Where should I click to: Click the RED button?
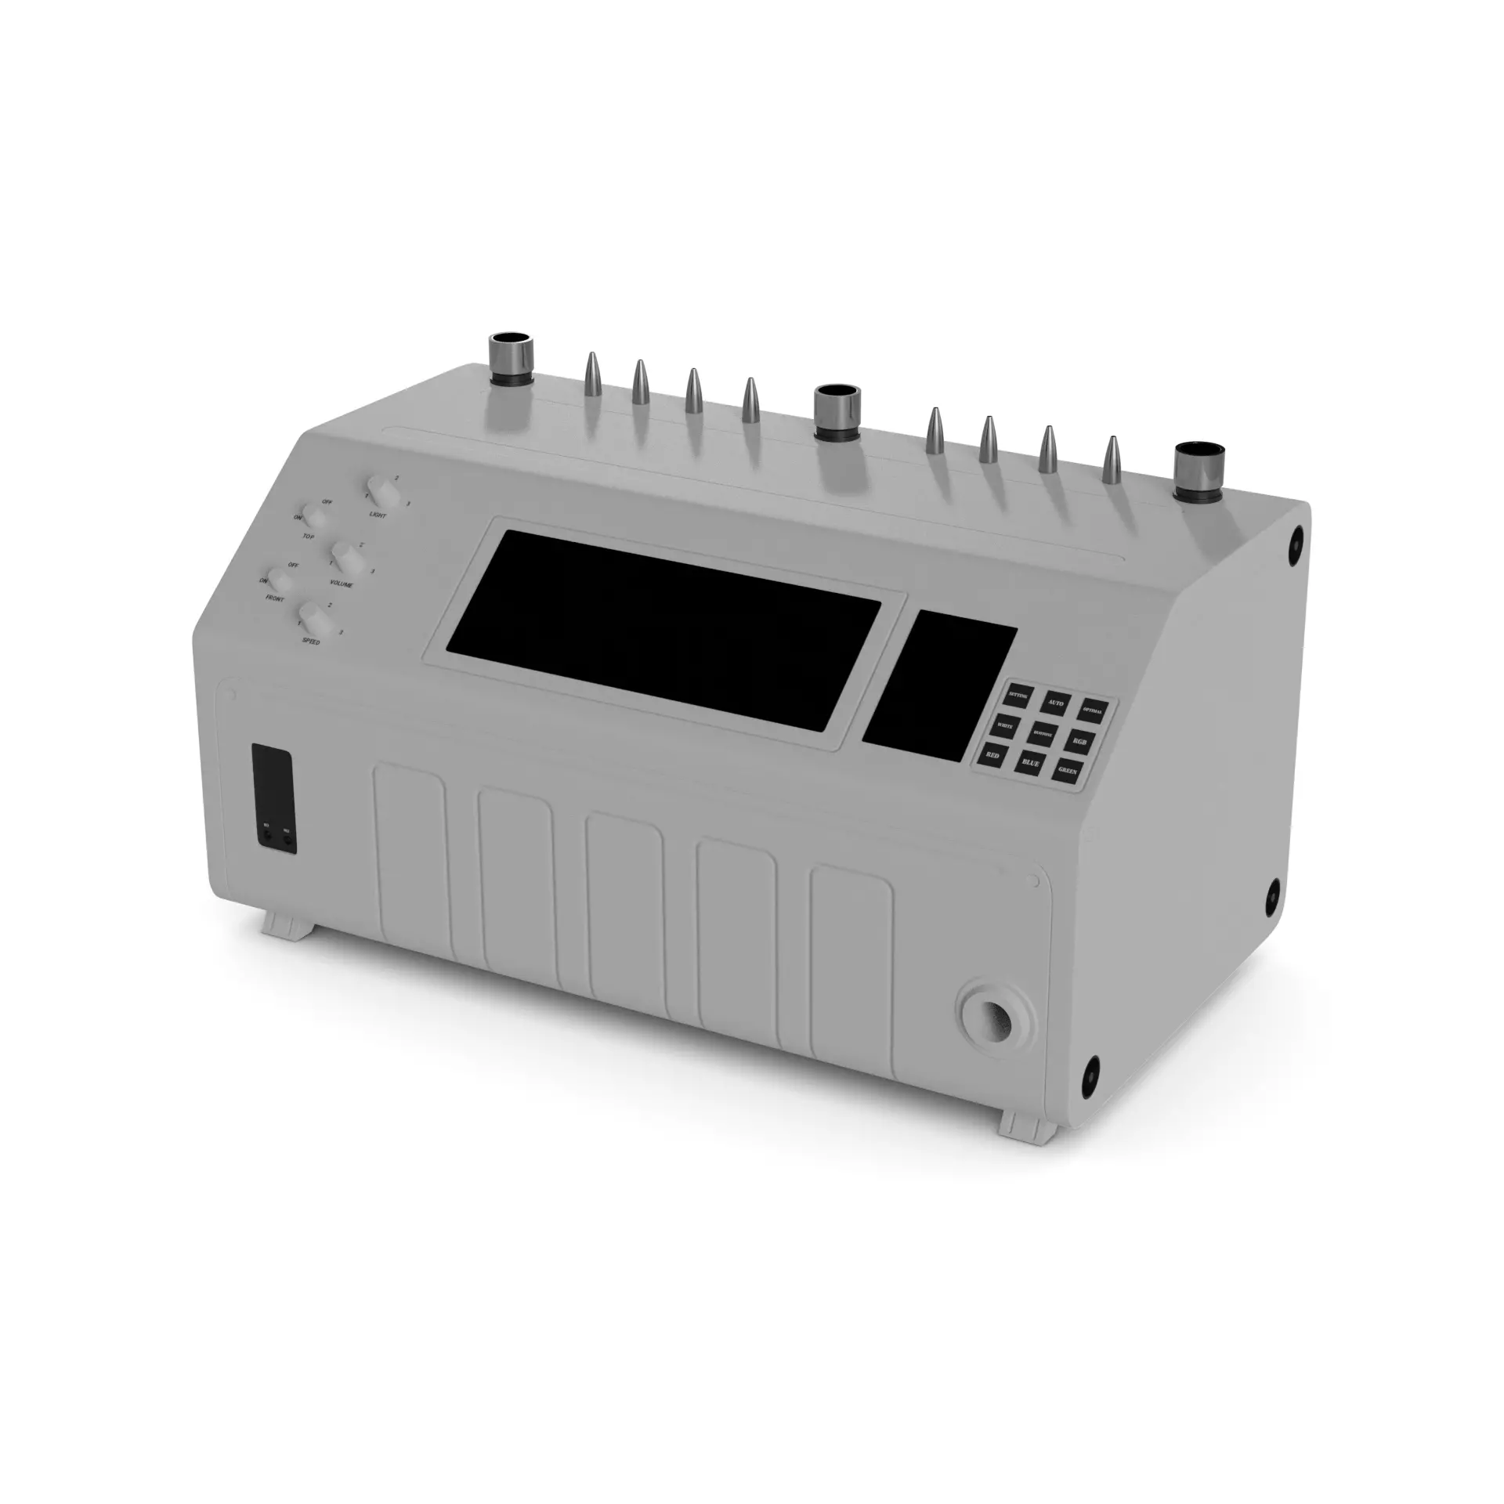993,753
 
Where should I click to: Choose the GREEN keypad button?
1068,769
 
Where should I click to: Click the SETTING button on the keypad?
1018,695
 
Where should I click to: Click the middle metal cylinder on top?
836,412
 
